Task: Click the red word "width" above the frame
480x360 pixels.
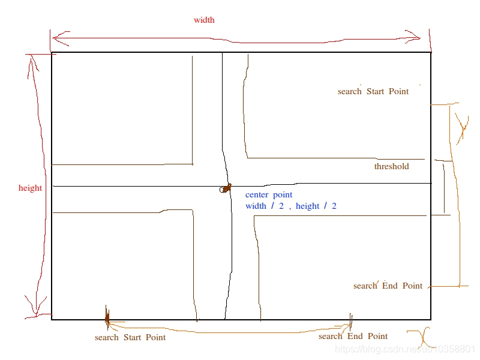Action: (x=204, y=20)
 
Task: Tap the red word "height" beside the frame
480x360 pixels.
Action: (x=30, y=188)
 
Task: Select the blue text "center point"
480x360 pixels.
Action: (x=269, y=195)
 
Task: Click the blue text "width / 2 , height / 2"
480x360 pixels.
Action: (x=290, y=206)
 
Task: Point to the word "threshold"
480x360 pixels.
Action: (x=391, y=167)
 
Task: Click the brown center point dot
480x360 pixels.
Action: (x=227, y=188)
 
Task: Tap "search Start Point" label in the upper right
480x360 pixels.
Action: (x=373, y=92)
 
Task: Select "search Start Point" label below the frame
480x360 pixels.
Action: (x=130, y=338)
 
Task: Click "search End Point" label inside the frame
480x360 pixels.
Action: (x=388, y=286)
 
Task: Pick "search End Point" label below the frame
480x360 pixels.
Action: (x=353, y=337)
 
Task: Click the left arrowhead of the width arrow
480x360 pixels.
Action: (x=55, y=38)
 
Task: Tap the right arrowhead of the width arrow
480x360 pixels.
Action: (x=418, y=38)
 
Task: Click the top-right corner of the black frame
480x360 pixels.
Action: (x=430, y=53)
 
